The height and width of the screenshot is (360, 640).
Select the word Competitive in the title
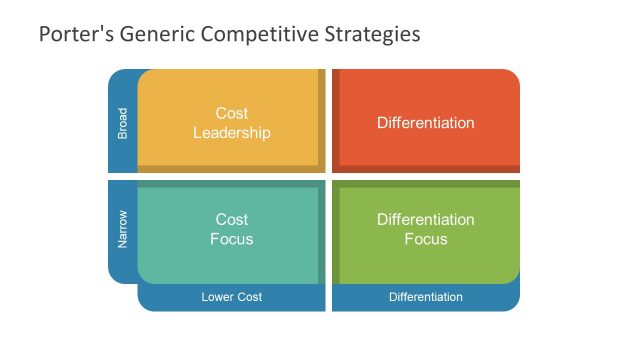point(257,35)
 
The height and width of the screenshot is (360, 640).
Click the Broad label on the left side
point(123,122)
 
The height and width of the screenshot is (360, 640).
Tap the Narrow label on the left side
point(123,230)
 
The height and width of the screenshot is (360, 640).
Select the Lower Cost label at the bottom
point(231,297)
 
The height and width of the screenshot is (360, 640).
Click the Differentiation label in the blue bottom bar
point(426,297)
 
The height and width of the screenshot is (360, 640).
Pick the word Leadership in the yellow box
point(231,132)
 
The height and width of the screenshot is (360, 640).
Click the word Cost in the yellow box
point(231,113)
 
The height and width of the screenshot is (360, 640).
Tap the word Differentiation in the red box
point(426,122)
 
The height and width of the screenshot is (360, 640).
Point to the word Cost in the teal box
point(231,219)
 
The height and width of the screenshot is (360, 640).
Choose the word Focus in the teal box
point(231,239)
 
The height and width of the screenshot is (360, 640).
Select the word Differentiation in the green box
point(426,219)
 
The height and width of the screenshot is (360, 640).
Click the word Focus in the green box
point(426,239)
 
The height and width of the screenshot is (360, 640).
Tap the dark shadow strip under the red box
point(428,169)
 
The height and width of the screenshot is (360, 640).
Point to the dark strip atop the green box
point(428,183)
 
